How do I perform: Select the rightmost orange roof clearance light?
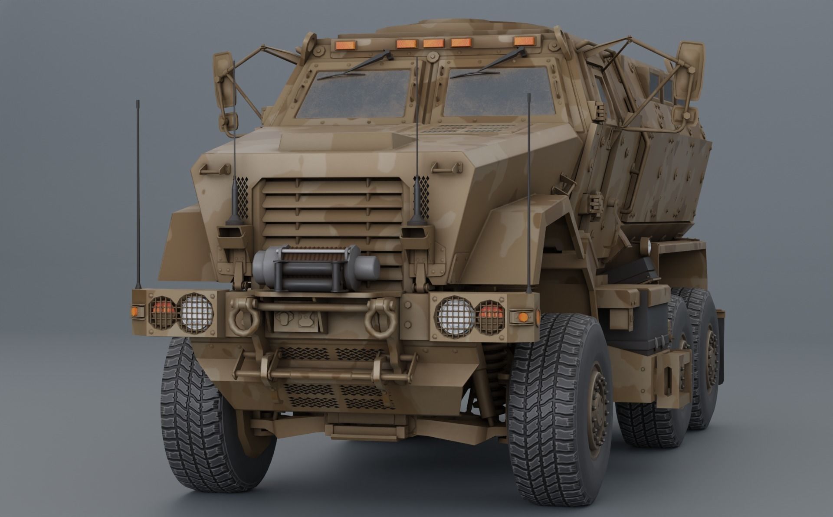524,41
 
